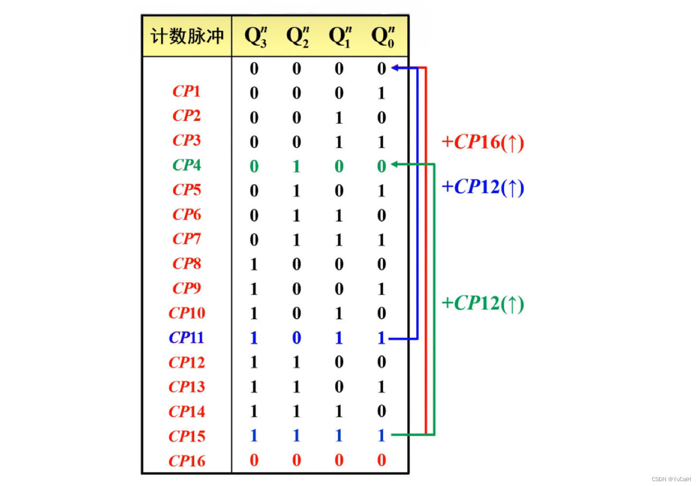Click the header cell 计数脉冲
(187, 36)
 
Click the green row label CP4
(187, 165)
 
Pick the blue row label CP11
(186, 337)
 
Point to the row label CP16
(187, 461)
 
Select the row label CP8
(187, 263)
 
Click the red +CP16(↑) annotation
(483, 142)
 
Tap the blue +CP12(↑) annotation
(483, 187)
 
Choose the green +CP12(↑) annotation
(483, 303)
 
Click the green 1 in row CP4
(296, 166)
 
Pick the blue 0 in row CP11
(296, 338)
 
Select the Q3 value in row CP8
(254, 264)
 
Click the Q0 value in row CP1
(381, 93)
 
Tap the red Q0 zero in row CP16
(381, 460)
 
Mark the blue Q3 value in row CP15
(254, 435)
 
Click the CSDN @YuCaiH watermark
(671, 479)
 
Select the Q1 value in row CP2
(339, 118)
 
